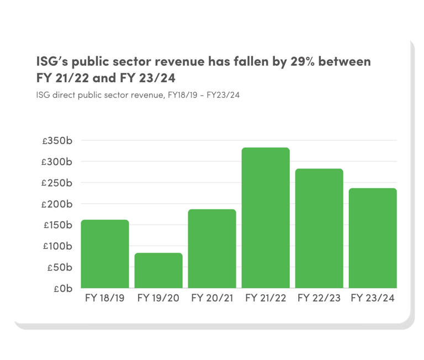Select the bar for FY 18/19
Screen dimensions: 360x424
[105, 254]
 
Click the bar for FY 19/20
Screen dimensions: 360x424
[158, 271]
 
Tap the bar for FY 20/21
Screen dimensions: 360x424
[212, 248]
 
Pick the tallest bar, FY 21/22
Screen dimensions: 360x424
[266, 218]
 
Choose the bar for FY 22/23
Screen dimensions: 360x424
[319, 229]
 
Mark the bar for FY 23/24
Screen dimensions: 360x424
[373, 238]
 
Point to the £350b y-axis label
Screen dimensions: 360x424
[57, 141]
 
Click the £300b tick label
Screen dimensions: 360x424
[57, 162]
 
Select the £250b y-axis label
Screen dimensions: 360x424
[57, 183]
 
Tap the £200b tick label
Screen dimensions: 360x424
[57, 204]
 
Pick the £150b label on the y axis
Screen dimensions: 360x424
[57, 225]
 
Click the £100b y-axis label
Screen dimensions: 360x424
[57, 246]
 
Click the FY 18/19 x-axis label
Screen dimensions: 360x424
[105, 298]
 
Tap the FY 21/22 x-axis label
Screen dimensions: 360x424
[266, 298]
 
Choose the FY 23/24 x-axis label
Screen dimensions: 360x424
[373, 298]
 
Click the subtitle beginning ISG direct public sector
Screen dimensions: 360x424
[137, 95]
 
